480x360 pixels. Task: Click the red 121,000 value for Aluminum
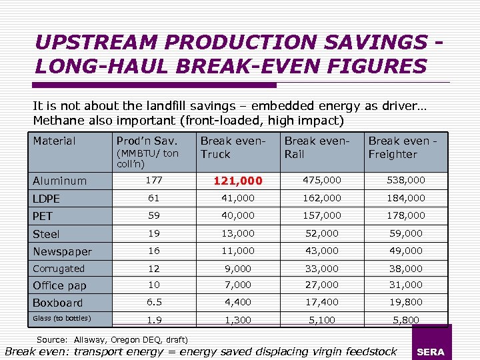pyautogui.click(x=237, y=181)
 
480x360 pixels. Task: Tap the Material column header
pyautogui.click(x=55, y=141)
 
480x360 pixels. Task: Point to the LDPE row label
pyautogui.click(x=46, y=199)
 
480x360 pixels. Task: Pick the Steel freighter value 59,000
pyautogui.click(x=406, y=233)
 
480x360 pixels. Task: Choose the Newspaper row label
pyautogui.click(x=62, y=251)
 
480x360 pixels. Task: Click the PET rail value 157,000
pyautogui.click(x=322, y=215)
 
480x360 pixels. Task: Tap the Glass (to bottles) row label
pyautogui.click(x=62, y=317)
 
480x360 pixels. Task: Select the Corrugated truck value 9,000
pyautogui.click(x=237, y=269)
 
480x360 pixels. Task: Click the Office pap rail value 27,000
pyautogui.click(x=322, y=285)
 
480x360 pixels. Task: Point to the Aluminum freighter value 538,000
pyautogui.click(x=406, y=180)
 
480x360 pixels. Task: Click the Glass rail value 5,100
pyautogui.click(x=322, y=320)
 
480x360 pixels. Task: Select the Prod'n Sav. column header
pyautogui.click(x=147, y=141)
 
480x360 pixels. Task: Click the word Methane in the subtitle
pyautogui.click(x=60, y=121)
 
